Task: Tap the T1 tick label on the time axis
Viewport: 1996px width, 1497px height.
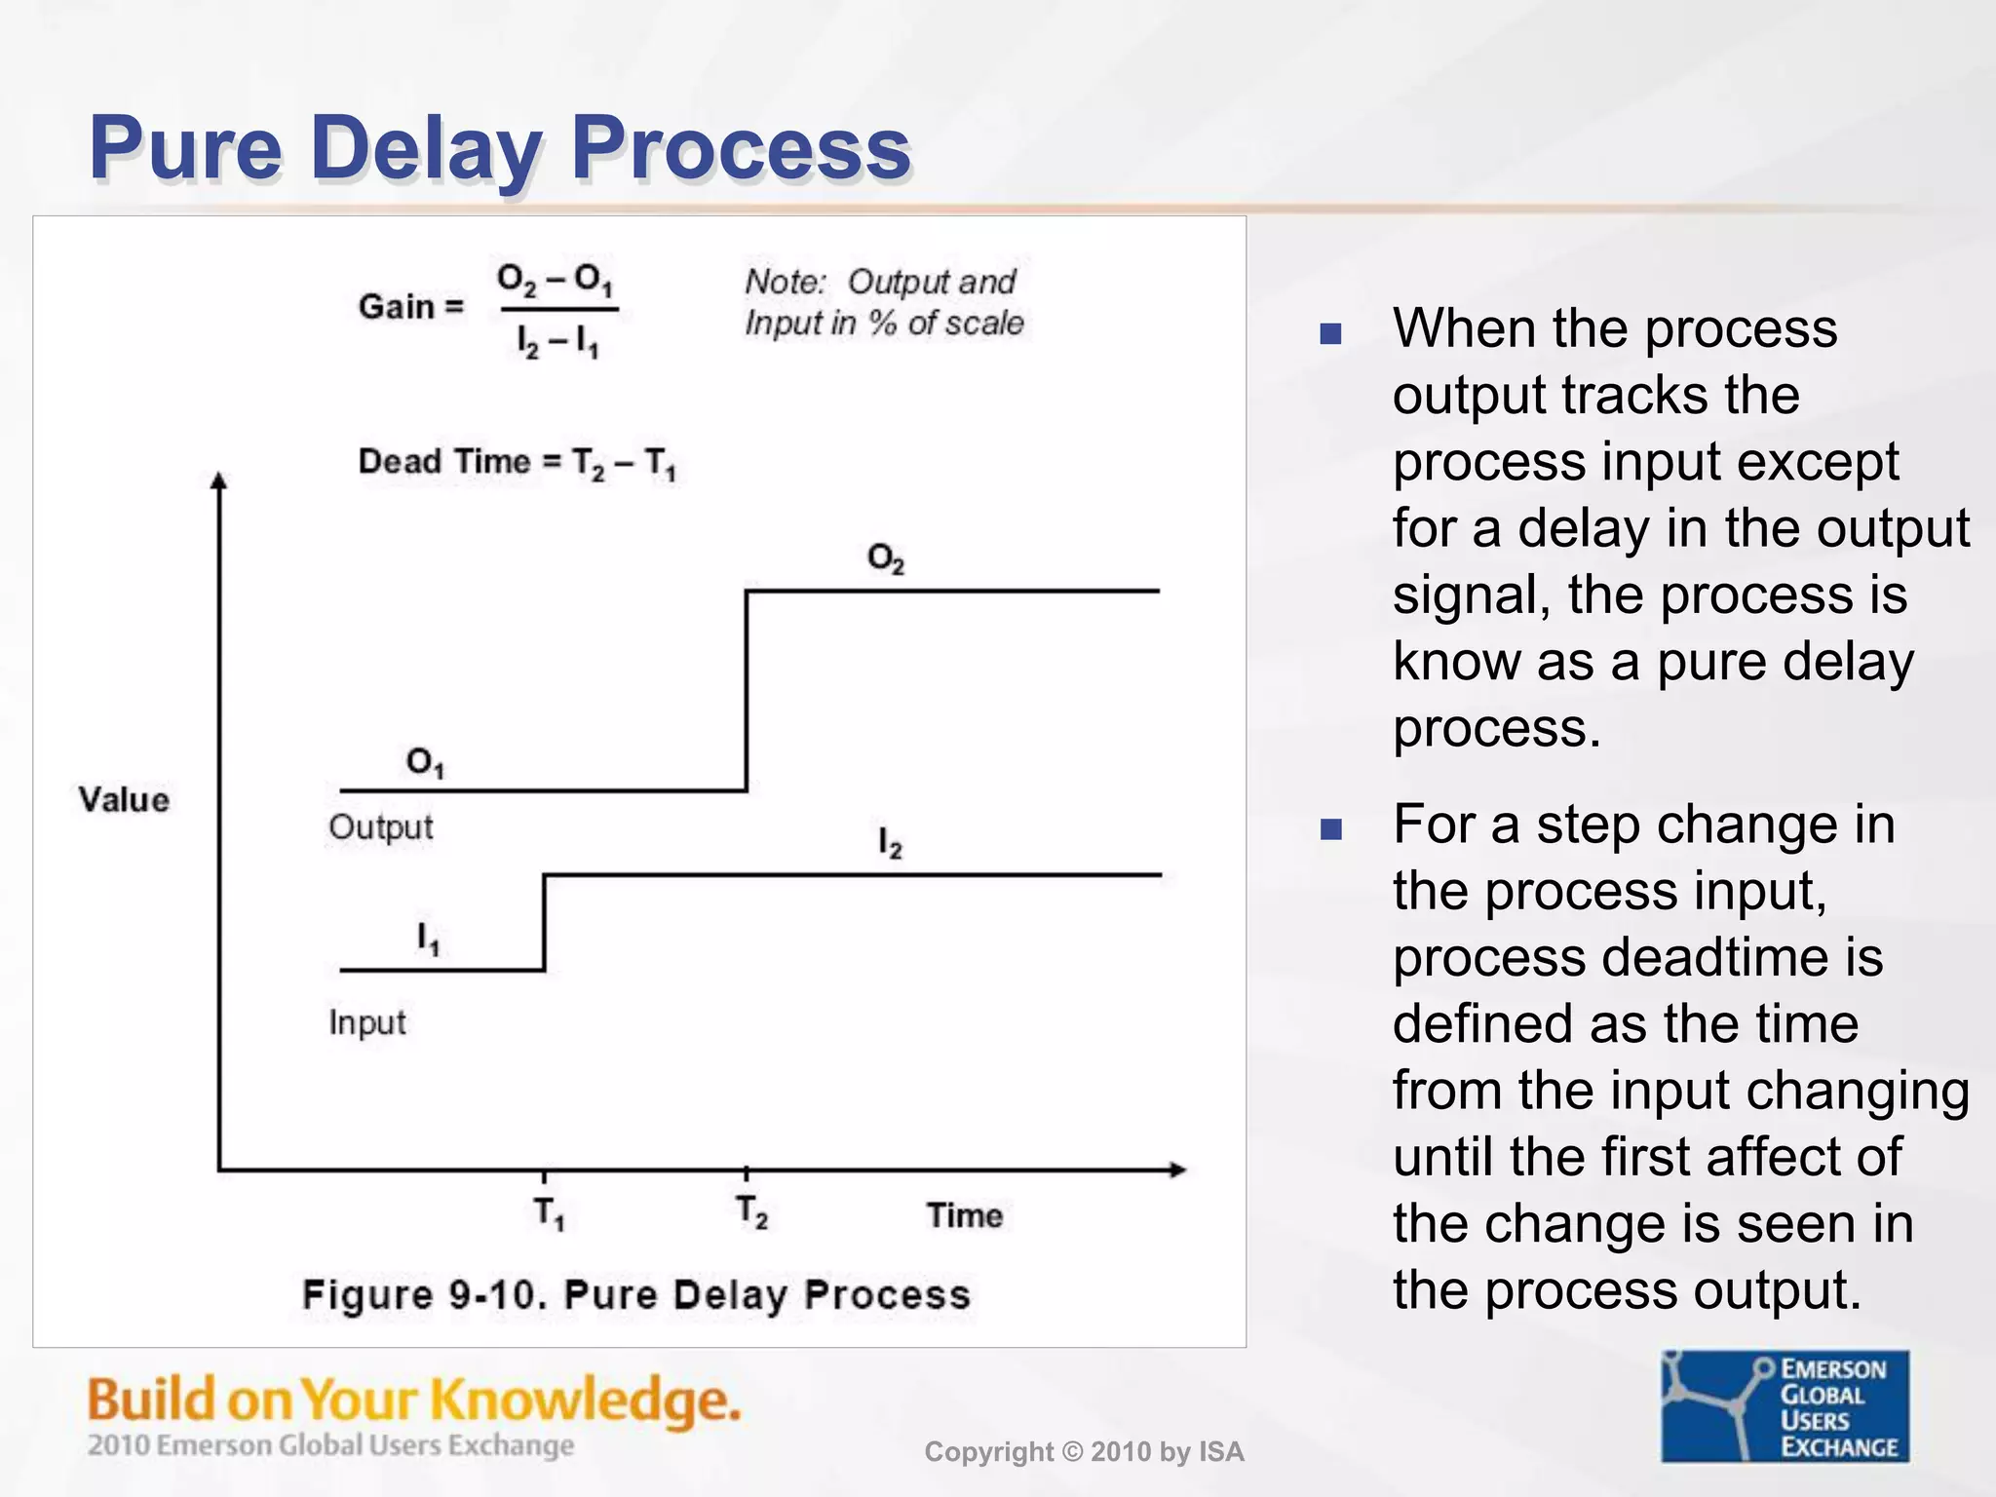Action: pyautogui.click(x=549, y=1213)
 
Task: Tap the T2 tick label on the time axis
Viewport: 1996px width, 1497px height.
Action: pyautogui.click(x=751, y=1212)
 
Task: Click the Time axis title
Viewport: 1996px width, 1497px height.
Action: pyautogui.click(x=964, y=1215)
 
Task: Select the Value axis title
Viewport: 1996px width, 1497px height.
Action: pyautogui.click(x=124, y=799)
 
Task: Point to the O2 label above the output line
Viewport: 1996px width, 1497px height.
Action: pyautogui.click(x=885, y=558)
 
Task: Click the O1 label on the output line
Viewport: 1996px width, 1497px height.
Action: pyautogui.click(x=425, y=761)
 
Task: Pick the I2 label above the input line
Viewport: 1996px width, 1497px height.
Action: pyautogui.click(x=890, y=842)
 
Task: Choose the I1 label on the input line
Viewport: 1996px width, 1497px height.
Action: pyautogui.click(x=428, y=939)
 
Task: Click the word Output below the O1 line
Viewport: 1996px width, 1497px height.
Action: pyautogui.click(x=380, y=827)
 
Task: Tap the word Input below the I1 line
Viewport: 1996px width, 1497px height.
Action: pyautogui.click(x=366, y=1022)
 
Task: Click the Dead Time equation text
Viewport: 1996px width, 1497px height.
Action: pyautogui.click(x=517, y=462)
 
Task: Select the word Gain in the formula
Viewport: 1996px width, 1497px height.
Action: pyautogui.click(x=397, y=307)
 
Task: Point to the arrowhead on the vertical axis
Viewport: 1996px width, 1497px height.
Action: pyautogui.click(x=219, y=480)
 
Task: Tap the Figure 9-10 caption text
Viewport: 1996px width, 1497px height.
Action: pyautogui.click(x=635, y=1295)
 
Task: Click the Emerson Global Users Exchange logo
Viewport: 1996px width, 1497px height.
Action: pyautogui.click(x=1785, y=1406)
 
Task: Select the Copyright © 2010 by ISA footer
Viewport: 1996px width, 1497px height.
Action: pyautogui.click(x=1084, y=1452)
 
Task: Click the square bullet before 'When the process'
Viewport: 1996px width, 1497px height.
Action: pyautogui.click(x=1330, y=334)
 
